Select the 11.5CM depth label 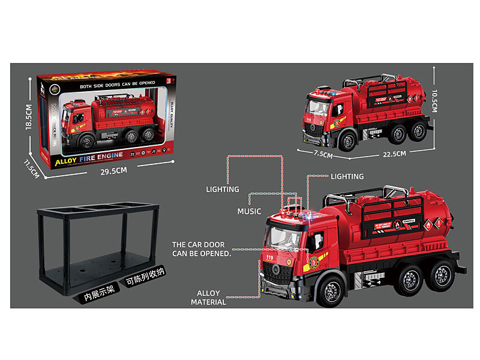(x=32, y=169)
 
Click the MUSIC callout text (x=249, y=211)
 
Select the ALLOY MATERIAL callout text (x=208, y=298)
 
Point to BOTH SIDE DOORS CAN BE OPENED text (x=113, y=82)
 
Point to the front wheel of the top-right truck (x=347, y=140)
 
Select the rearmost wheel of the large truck (x=443, y=274)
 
